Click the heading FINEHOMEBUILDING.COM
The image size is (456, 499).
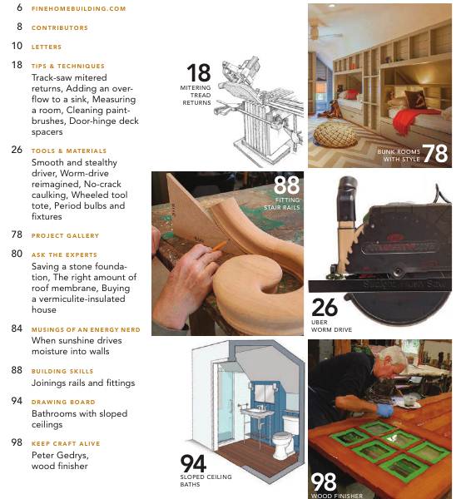[x=78, y=8]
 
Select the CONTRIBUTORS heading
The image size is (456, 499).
[x=59, y=27]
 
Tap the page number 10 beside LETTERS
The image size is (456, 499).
[x=17, y=47]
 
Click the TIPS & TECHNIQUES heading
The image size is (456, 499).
[x=67, y=66]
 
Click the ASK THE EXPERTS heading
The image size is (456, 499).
[x=64, y=254]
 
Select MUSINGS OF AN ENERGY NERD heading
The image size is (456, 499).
[x=85, y=329]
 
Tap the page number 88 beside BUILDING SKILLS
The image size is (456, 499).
[x=17, y=370]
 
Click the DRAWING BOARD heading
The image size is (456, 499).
[x=62, y=403]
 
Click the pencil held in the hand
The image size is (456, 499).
[x=214, y=246]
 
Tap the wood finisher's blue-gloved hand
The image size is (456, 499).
[x=384, y=410]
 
